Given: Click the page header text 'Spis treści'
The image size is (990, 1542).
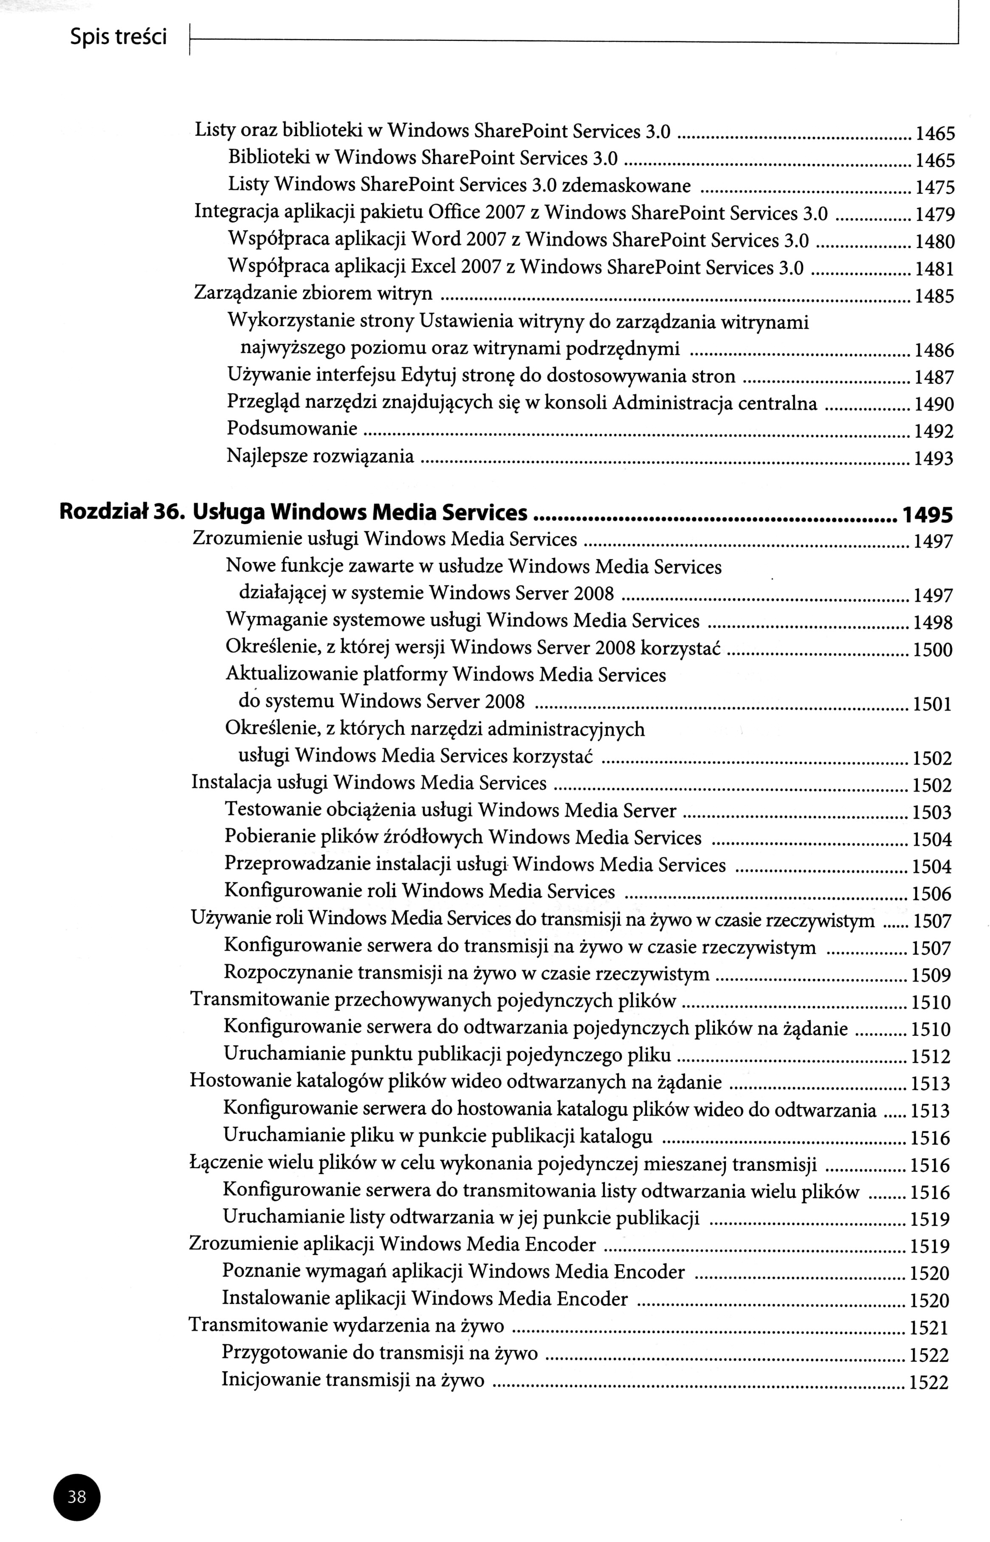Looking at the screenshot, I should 118,38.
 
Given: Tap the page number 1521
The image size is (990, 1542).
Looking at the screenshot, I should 930,1327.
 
